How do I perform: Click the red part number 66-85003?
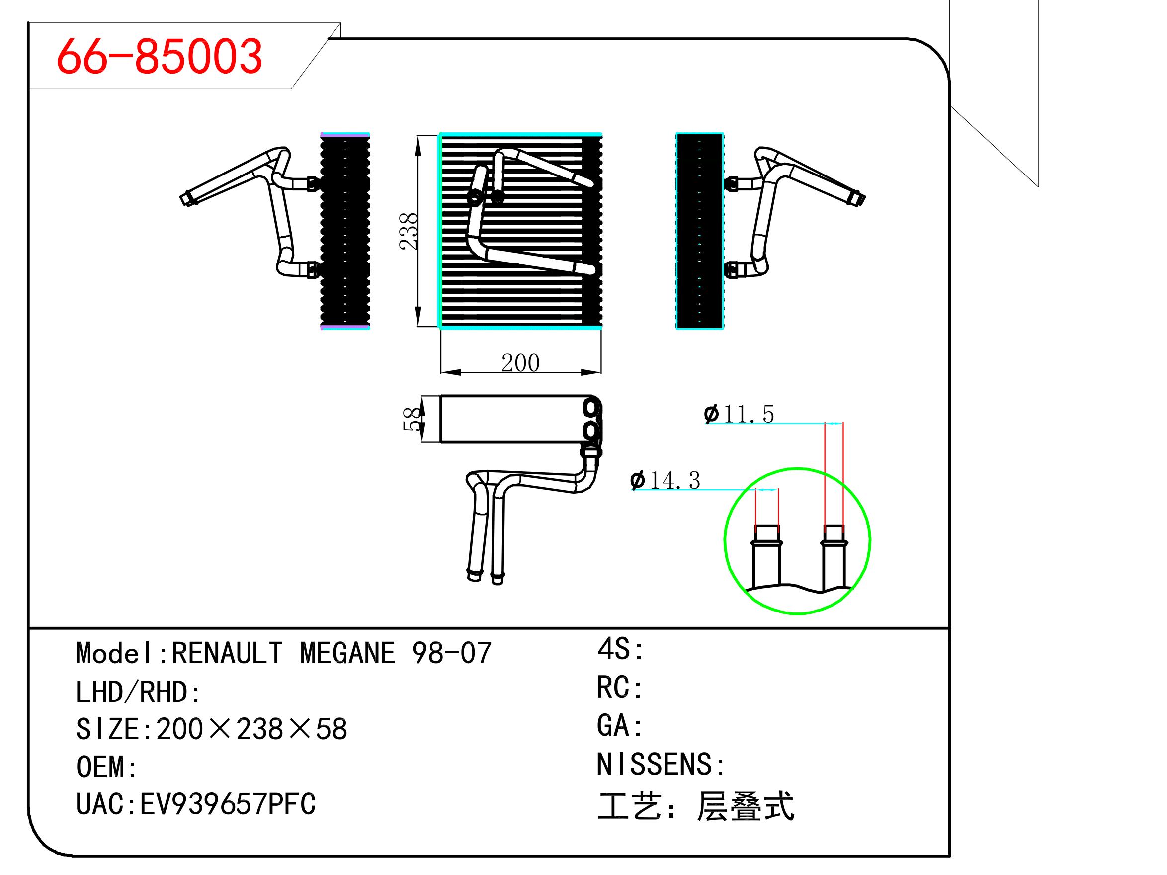click(x=160, y=56)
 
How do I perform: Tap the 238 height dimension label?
click(x=409, y=231)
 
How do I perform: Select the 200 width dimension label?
click(x=520, y=363)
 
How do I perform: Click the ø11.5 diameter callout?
click(x=739, y=414)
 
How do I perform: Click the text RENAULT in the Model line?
click(x=227, y=653)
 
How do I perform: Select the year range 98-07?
click(x=452, y=653)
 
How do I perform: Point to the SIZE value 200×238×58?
click(x=251, y=729)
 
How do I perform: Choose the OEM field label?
click(x=106, y=767)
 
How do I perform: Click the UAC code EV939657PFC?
click(x=228, y=804)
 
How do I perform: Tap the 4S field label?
click(x=620, y=649)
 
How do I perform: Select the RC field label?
click(x=619, y=688)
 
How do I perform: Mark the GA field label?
click(x=619, y=726)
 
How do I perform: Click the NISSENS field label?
click(x=661, y=764)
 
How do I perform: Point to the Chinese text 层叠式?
click(x=745, y=806)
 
